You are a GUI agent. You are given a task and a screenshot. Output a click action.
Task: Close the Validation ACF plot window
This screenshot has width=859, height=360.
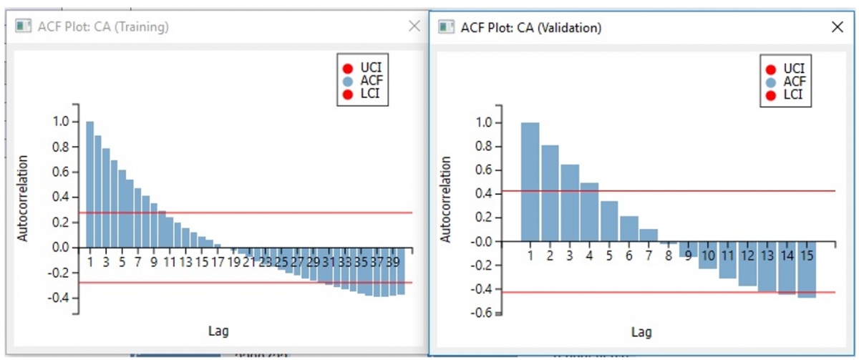pyautogui.click(x=838, y=27)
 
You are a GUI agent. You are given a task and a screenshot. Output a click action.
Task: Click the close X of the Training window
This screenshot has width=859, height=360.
pyautogui.click(x=414, y=26)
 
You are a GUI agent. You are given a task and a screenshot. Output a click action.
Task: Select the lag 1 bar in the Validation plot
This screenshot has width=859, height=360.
pyautogui.click(x=530, y=182)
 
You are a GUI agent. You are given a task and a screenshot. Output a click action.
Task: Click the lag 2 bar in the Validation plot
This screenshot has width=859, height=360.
pyautogui.click(x=550, y=193)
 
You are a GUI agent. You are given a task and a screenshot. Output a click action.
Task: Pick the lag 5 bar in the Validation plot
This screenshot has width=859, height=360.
pyautogui.click(x=609, y=221)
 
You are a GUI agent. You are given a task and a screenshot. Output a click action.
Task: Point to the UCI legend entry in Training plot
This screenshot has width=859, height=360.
pyautogui.click(x=365, y=69)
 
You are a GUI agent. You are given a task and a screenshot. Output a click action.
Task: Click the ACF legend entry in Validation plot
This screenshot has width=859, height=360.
pyautogui.click(x=787, y=82)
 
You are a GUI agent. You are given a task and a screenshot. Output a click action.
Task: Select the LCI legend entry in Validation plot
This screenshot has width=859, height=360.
pyautogui.click(x=787, y=94)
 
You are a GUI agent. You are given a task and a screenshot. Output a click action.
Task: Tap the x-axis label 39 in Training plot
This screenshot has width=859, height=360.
pyautogui.click(x=393, y=263)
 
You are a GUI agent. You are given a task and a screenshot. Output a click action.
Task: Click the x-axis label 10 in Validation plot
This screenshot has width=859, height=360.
pyautogui.click(x=708, y=256)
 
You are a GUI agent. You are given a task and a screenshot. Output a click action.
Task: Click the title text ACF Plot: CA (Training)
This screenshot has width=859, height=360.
pyautogui.click(x=103, y=27)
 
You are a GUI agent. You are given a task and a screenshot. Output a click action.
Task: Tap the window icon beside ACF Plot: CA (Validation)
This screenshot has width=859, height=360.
pyautogui.click(x=447, y=27)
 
